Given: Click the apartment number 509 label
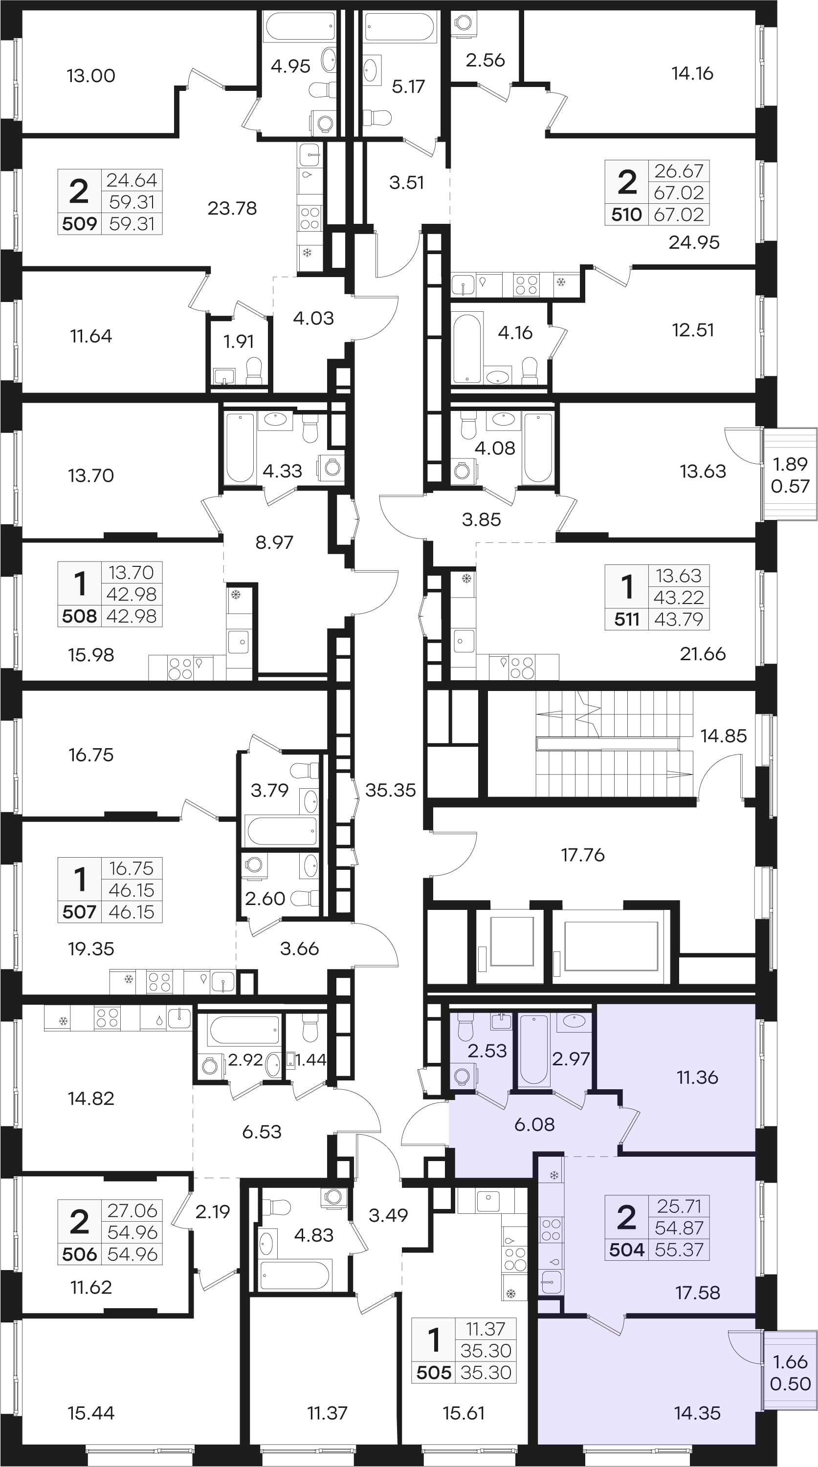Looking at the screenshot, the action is point(79,223).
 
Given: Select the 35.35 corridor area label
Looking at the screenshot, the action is point(390,790).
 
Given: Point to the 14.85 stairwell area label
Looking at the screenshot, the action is point(724,736).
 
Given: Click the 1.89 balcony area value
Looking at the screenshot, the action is point(790,464).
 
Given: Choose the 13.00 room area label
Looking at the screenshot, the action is point(91,76).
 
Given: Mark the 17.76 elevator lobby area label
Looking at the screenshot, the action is point(583,855).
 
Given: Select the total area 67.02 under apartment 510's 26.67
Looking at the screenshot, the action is point(679,193).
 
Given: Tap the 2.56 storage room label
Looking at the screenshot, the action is point(486,60).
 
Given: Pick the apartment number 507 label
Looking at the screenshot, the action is point(79,912).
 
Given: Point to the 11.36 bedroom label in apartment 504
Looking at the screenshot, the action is point(697,1077).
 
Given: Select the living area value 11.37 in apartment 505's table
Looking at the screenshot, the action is point(486,1329).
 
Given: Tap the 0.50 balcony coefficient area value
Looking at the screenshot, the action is point(790,1383).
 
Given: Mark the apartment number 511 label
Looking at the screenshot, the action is point(627,619).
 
